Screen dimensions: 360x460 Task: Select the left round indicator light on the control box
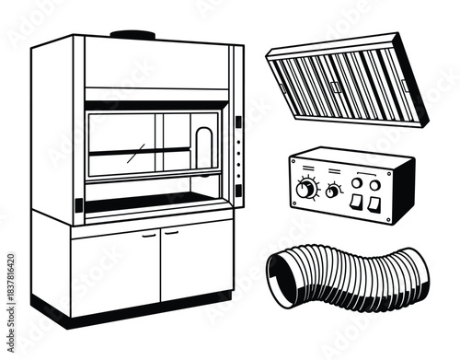(x=356, y=182)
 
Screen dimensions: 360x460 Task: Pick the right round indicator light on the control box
(x=374, y=184)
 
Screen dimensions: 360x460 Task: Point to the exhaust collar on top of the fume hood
(x=132, y=35)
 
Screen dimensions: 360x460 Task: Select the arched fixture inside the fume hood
(x=203, y=146)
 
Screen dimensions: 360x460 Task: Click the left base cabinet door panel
(x=116, y=270)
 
